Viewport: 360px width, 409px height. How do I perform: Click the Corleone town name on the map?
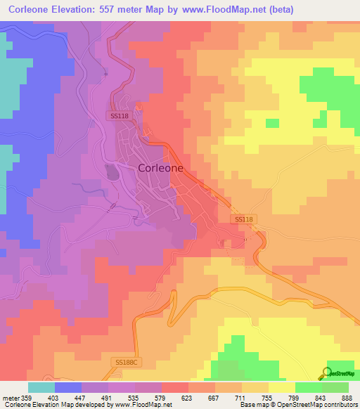[x=161, y=168]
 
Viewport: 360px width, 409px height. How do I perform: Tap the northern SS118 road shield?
[x=119, y=115]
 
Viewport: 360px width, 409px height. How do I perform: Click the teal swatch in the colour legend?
[x=41, y=387]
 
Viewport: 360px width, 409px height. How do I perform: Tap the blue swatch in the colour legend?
[x=68, y=387]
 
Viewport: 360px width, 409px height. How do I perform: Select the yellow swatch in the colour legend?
[x=281, y=387]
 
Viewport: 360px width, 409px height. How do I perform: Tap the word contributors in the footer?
[x=340, y=405]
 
